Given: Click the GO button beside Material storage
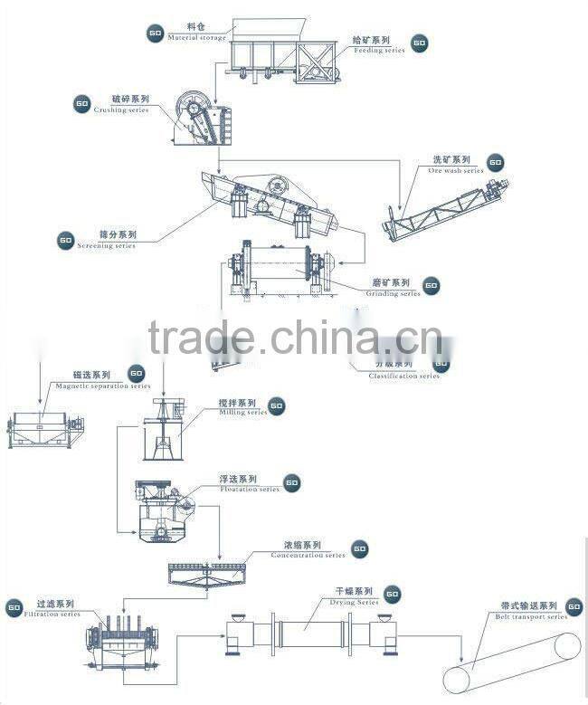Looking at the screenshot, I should pyautogui.click(x=154, y=33).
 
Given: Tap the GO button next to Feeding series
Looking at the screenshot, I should pyautogui.click(x=419, y=43).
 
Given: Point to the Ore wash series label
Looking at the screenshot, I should pyautogui.click(x=456, y=165).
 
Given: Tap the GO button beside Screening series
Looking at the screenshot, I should pyautogui.click(x=65, y=241).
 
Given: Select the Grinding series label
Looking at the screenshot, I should pyautogui.click(x=392, y=288).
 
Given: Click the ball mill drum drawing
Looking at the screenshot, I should pyautogui.click(x=275, y=268).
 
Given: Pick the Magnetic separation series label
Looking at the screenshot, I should pyautogui.click(x=100, y=380).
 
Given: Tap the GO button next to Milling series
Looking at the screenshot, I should pyautogui.click(x=277, y=406).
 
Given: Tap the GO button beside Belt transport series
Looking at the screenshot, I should pyautogui.click(x=574, y=605).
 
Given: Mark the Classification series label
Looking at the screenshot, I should pyautogui.click(x=403, y=373).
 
